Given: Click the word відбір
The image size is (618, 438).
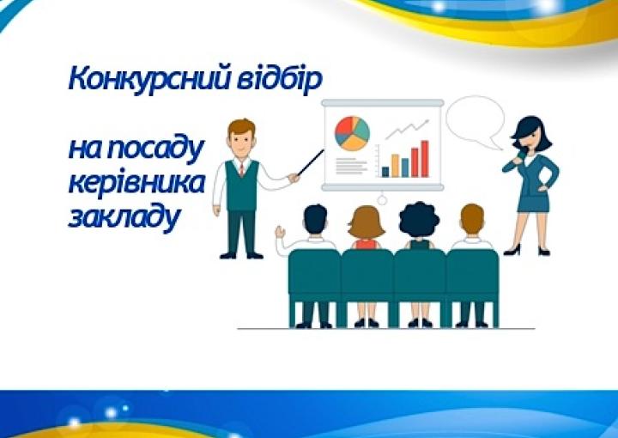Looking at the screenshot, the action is [280, 79].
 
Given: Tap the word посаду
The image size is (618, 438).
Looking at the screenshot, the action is [154, 149].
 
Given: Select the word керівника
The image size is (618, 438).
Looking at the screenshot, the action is [136, 184].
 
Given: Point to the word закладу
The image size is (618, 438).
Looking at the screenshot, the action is [124, 217].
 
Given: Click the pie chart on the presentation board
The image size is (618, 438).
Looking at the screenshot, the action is [352, 134].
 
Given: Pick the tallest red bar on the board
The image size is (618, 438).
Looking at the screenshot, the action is [425, 159].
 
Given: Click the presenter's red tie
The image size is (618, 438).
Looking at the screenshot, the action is [241, 168].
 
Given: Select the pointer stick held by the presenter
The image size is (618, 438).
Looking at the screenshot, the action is [311, 162].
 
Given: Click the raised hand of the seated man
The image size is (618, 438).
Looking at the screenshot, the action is [280, 232].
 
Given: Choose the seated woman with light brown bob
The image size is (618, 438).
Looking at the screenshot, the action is [367, 228].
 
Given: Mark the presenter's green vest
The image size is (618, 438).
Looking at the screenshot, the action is [241, 186].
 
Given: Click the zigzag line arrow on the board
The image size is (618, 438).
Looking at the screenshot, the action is [407, 129].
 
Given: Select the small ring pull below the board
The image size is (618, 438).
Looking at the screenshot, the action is [381, 200].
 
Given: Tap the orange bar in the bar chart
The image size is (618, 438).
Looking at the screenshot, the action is [395, 166].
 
